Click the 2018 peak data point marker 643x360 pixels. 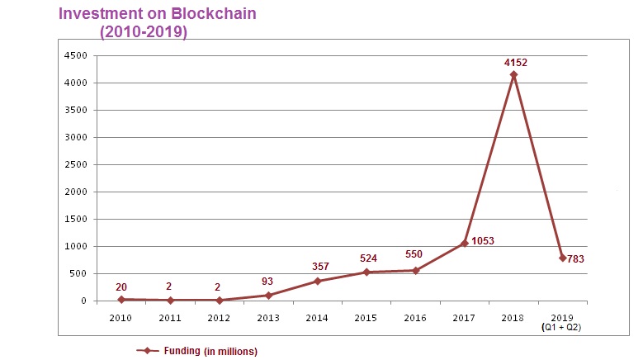pyautogui.click(x=513, y=75)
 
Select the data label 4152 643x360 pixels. pyautogui.click(x=515, y=61)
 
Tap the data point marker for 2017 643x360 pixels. pyautogui.click(x=465, y=243)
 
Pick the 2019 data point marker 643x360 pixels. pyautogui.click(x=562, y=258)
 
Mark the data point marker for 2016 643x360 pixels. pyautogui.click(x=416, y=271)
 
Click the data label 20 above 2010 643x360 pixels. pyautogui.click(x=121, y=286)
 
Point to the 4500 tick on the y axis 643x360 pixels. pyautogui.click(x=77, y=55)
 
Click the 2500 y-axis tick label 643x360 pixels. pyautogui.click(x=77, y=164)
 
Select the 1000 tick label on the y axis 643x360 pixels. pyautogui.click(x=77, y=246)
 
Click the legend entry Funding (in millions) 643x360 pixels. pyautogui.click(x=198, y=351)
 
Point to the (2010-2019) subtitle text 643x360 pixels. pyautogui.click(x=144, y=32)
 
